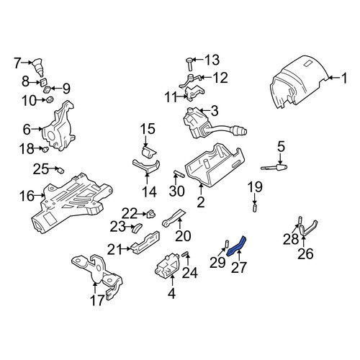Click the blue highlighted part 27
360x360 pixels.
[x=236, y=246]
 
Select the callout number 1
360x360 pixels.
[x=344, y=78]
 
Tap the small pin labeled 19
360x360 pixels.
[x=255, y=208]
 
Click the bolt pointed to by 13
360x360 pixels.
[x=190, y=63]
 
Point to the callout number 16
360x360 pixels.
[x=27, y=196]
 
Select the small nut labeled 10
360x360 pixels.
[x=50, y=99]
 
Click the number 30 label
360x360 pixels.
[x=177, y=191]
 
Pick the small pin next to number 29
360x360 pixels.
[x=227, y=244]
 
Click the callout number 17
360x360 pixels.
[x=98, y=300]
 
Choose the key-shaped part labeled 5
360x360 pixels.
[x=274, y=167]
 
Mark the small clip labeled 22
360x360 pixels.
[x=151, y=214]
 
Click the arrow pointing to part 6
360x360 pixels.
[x=37, y=129]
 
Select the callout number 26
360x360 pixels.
[x=305, y=253]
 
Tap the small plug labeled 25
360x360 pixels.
[x=60, y=170]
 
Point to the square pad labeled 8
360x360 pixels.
[x=43, y=82]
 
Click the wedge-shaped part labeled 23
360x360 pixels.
[x=137, y=228]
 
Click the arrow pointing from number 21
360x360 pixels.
[x=125, y=249]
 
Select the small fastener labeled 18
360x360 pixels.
[x=45, y=150]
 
